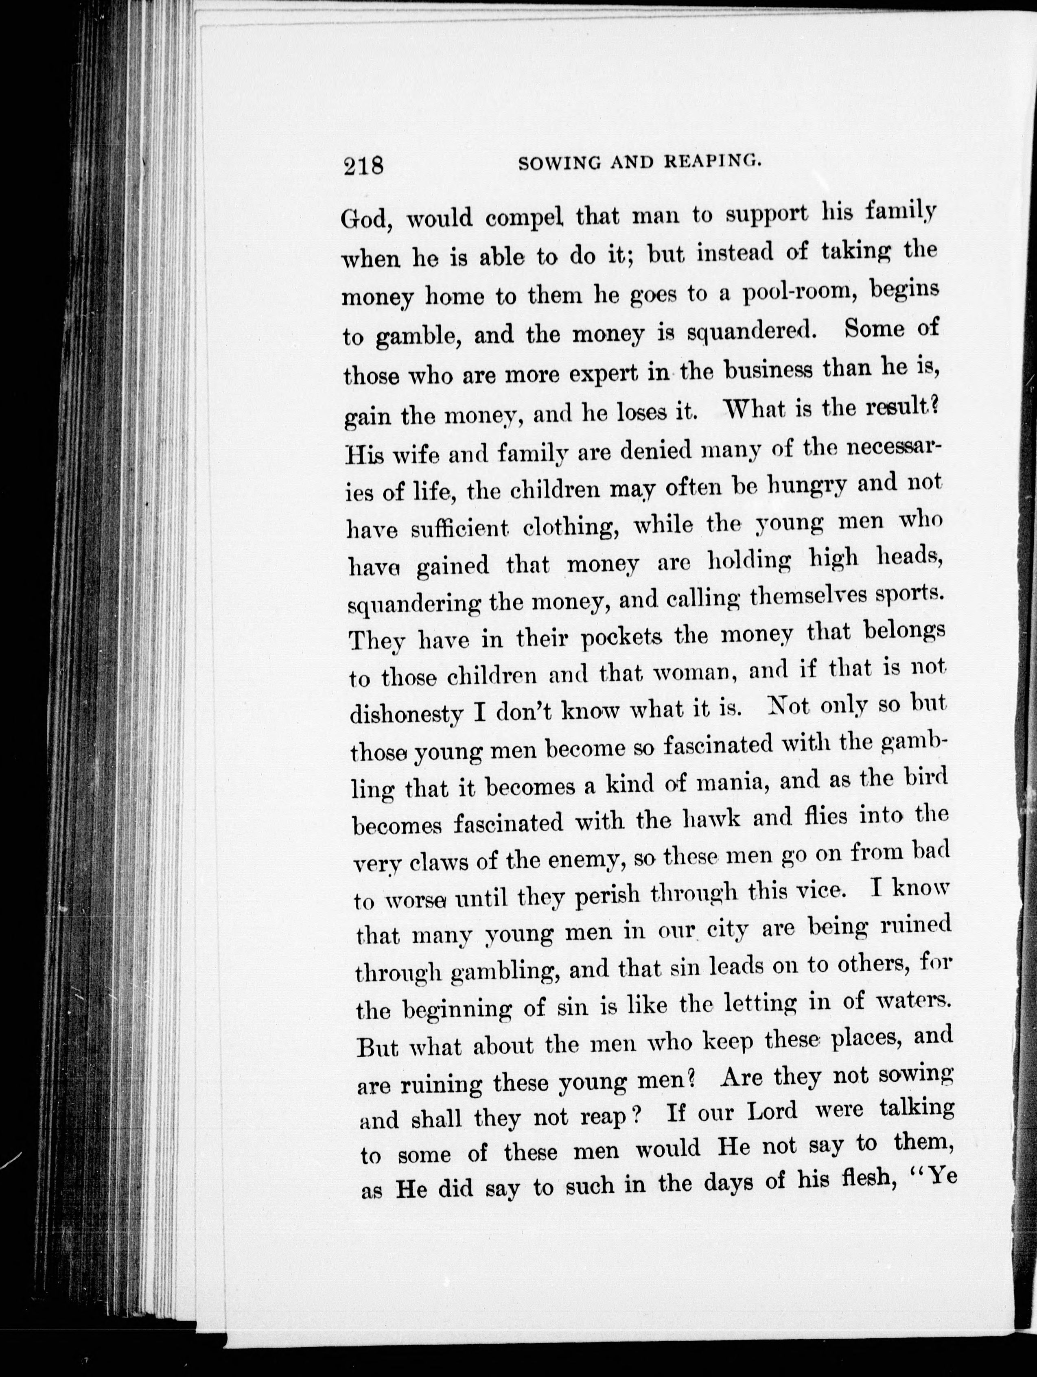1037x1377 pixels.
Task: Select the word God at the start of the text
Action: point(366,219)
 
